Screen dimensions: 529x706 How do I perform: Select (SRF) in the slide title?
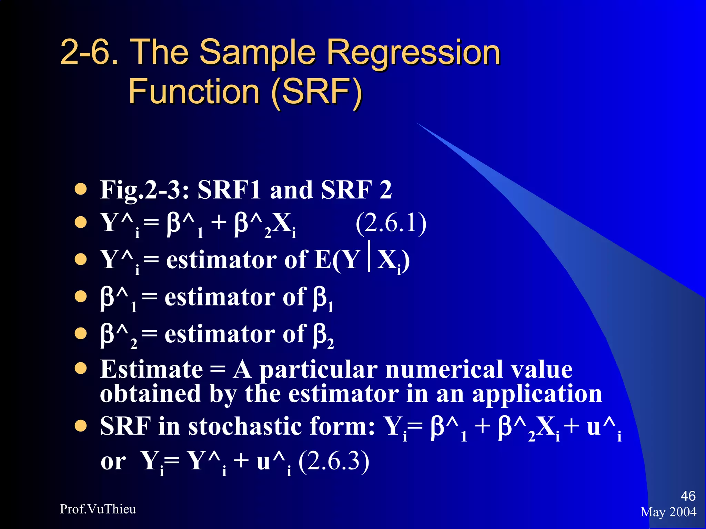point(316,92)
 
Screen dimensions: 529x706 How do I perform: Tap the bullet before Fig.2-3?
point(81,189)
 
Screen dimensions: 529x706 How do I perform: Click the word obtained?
point(150,394)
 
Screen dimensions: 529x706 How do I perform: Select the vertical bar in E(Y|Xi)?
point(370,257)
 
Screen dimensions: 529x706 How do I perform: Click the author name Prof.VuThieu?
point(98,509)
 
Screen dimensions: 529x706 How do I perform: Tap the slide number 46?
point(688,496)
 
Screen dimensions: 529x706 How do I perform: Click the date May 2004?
point(668,512)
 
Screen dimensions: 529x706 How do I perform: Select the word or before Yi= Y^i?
point(113,461)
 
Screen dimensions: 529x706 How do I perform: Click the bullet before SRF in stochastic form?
point(81,426)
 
